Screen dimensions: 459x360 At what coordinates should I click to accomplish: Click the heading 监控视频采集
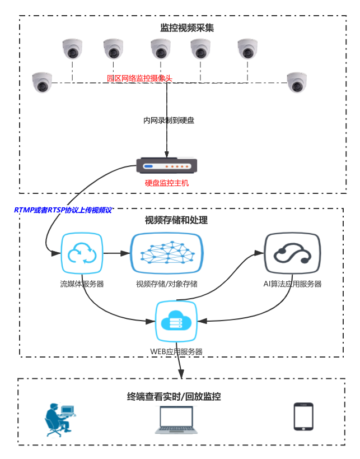point(187,28)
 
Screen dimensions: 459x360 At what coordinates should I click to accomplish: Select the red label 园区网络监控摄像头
point(139,78)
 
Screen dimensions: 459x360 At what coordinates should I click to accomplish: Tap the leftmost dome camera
point(42,82)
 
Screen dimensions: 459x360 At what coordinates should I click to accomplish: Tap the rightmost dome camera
point(297,82)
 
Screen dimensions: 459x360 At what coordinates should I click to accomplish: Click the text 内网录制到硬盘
point(169,120)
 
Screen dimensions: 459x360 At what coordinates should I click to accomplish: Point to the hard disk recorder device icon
point(166,166)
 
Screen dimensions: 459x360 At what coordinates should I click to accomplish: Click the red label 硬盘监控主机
point(167,183)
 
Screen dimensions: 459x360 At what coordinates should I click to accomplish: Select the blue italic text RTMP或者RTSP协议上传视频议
point(63,210)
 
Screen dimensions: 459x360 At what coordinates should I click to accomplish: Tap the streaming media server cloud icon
point(82,253)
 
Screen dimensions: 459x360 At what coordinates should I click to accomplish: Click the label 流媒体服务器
point(82,284)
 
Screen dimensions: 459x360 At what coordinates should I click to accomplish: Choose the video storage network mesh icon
point(167,253)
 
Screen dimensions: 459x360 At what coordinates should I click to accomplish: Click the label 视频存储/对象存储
point(167,284)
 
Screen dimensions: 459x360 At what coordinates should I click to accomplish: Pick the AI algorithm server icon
point(292,253)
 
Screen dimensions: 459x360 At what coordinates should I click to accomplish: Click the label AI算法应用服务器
point(292,284)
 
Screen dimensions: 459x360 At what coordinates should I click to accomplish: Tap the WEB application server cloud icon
point(176,322)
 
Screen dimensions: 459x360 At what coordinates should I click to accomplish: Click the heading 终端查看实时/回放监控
point(174,397)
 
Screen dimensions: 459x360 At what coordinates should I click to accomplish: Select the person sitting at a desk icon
point(59,419)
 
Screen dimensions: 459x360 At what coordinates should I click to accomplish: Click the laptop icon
point(176,420)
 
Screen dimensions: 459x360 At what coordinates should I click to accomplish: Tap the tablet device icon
point(303,417)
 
